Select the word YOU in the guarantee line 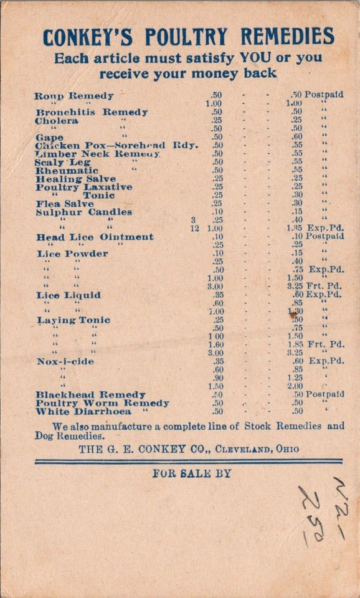tap(251, 59)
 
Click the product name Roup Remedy tap(74, 96)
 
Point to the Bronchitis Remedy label tap(92, 112)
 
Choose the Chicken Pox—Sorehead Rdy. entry tap(116, 145)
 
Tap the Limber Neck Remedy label tap(98, 153)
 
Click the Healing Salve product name tap(75, 178)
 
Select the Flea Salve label tap(65, 203)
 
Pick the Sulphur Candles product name tap(83, 212)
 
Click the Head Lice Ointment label tap(95, 237)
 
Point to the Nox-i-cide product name tap(65, 361)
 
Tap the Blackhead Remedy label tap(90, 394)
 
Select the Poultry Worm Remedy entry tap(102, 403)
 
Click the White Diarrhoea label tap(92, 411)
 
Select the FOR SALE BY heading tap(192, 473)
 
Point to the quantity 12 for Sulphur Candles tap(194, 229)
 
